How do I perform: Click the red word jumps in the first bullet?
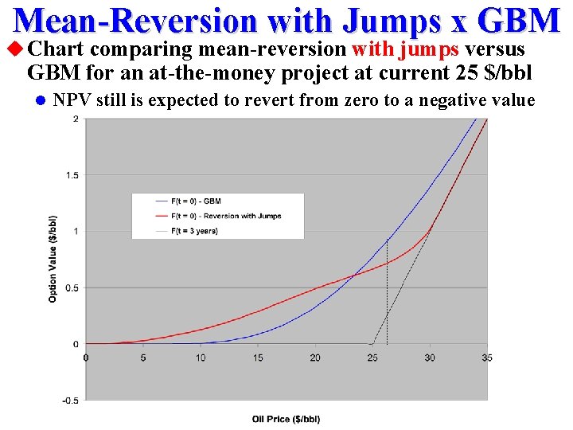click(x=429, y=50)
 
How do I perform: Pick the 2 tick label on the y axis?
click(x=76, y=119)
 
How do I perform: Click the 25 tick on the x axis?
click(x=372, y=358)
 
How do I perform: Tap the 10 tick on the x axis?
click(x=201, y=358)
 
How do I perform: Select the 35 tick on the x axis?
click(x=487, y=358)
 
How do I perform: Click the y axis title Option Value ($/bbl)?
click(x=53, y=259)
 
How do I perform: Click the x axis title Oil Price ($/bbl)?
click(x=286, y=419)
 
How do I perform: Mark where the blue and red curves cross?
click(x=352, y=276)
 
